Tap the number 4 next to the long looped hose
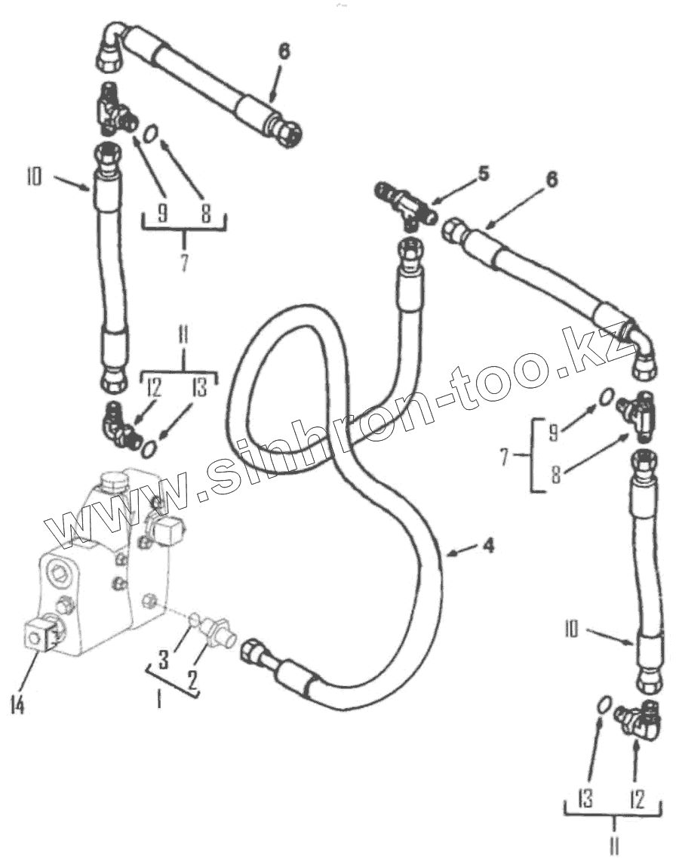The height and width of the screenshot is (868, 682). click(x=489, y=545)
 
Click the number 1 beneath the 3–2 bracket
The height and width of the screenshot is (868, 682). click(x=158, y=700)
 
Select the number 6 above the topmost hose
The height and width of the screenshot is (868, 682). click(x=284, y=51)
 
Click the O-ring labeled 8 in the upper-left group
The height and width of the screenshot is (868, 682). click(x=152, y=137)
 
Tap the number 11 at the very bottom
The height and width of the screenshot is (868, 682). click(x=614, y=848)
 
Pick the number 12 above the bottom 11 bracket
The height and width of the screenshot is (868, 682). click(x=637, y=799)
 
